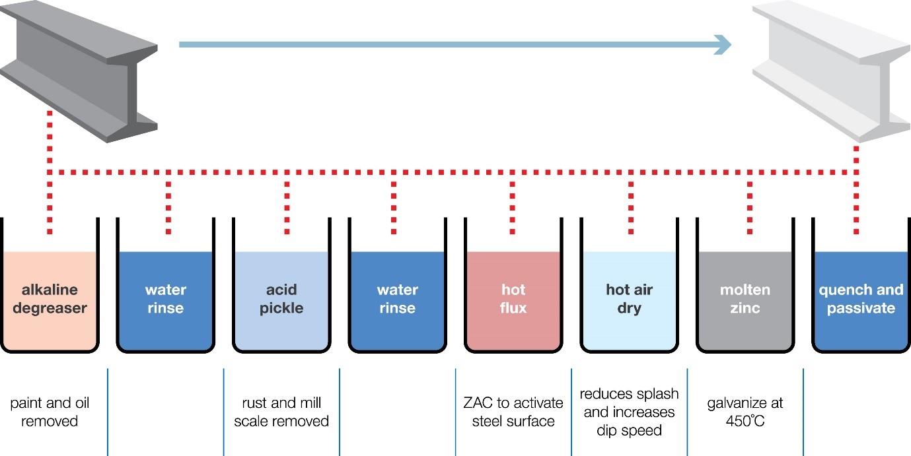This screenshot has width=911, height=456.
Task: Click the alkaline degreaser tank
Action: (50, 300)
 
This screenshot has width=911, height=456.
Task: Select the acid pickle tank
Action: (281, 300)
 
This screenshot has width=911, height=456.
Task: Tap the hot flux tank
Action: (513, 300)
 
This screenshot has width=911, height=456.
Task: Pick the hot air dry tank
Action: (629, 300)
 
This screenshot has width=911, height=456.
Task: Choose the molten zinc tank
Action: (745, 300)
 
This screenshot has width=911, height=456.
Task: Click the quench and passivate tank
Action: (861, 300)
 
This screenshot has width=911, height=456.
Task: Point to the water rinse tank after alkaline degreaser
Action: (165, 300)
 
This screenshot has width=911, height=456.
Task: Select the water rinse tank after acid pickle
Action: (398, 300)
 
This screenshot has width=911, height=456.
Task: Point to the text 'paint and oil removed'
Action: (50, 412)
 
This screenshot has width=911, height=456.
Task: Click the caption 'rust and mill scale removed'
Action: (281, 412)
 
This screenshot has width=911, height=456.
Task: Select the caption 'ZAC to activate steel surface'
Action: (513, 412)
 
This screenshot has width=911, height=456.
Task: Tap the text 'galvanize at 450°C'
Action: (745, 412)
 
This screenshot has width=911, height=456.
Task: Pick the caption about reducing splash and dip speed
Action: (629, 412)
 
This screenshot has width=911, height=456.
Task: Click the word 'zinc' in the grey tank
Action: (745, 308)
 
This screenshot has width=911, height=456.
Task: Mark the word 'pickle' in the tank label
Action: (281, 308)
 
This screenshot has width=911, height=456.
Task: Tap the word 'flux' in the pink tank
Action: (513, 308)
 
